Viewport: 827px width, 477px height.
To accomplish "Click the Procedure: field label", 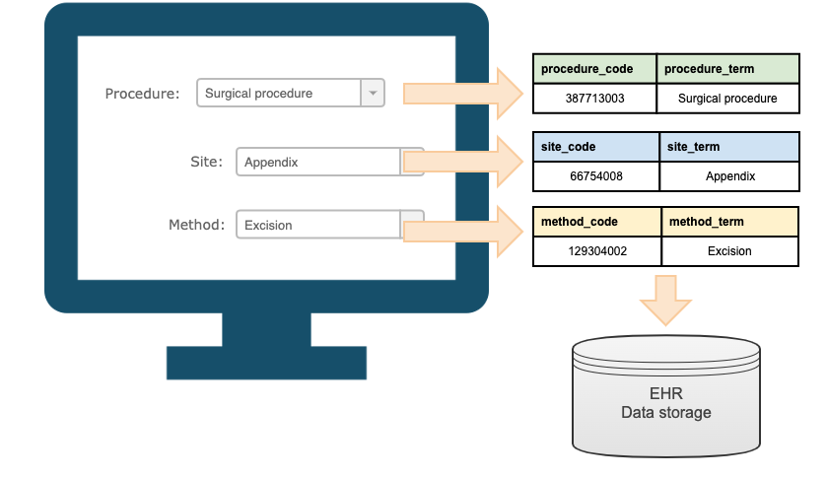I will [x=142, y=94].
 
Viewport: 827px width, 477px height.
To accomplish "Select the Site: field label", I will [x=207, y=162].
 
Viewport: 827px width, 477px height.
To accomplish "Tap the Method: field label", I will [x=196, y=225].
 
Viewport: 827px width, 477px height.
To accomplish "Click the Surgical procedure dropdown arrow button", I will [x=373, y=94].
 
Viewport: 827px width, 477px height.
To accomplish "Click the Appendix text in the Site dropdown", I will [x=271, y=162].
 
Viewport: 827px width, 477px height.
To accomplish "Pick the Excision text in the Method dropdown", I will [x=268, y=225].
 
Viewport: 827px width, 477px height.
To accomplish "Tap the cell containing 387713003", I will [x=594, y=99].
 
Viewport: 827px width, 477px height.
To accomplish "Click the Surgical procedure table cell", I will [x=727, y=99].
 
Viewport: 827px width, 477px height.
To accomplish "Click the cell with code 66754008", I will [x=595, y=176].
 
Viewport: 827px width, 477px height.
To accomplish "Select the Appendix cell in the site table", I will [x=728, y=176].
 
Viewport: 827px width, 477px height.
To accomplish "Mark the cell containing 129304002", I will [x=596, y=251].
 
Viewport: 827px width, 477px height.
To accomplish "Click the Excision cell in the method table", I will [x=729, y=251].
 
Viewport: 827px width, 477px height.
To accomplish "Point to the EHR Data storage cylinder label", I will [x=666, y=402].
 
